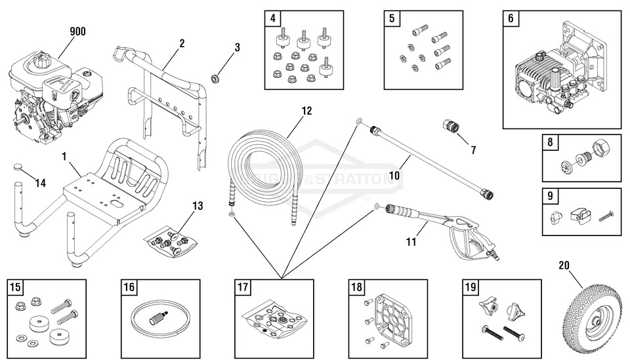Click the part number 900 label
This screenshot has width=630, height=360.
coord(77,31)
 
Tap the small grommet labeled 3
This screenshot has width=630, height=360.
coord(214,79)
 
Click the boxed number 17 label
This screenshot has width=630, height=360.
coord(243,287)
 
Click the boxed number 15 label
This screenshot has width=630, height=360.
coord(16,287)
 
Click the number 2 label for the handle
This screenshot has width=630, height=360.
coord(182,43)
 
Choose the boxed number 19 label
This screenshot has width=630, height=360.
coord(471,287)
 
